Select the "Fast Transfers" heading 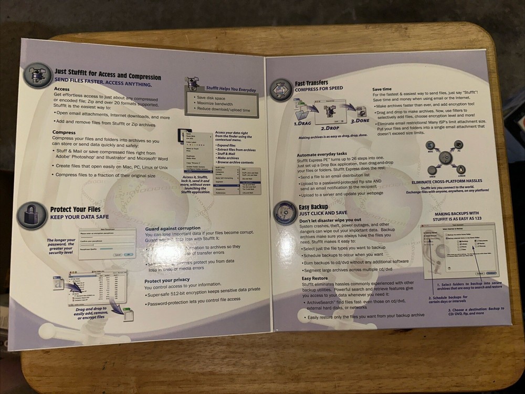[311, 83]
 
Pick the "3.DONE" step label [361, 120]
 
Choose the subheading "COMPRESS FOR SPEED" [320, 89]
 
